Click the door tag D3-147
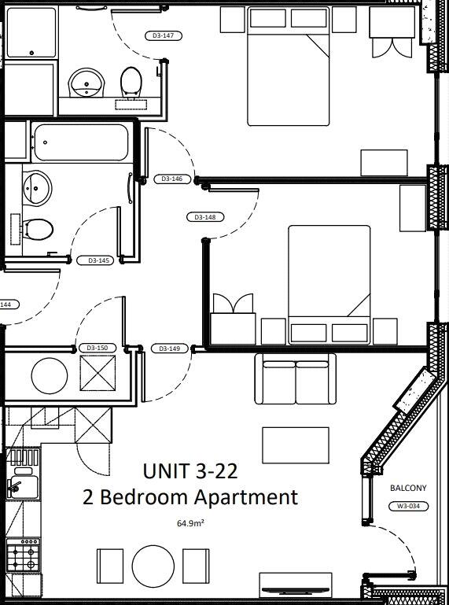[164, 36]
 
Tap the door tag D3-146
[172, 179]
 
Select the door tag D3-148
[205, 217]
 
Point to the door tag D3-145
[95, 260]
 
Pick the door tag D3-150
[98, 348]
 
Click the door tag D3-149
[170, 349]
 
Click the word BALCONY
[408, 488]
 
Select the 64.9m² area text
[190, 524]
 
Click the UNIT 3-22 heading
[190, 471]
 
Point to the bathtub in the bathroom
[81, 142]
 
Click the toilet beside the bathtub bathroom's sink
[38, 230]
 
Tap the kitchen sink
[23, 486]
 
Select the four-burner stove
[23, 555]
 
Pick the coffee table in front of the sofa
[296, 445]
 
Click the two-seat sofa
[295, 379]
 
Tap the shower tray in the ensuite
[31, 32]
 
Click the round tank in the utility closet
[50, 376]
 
